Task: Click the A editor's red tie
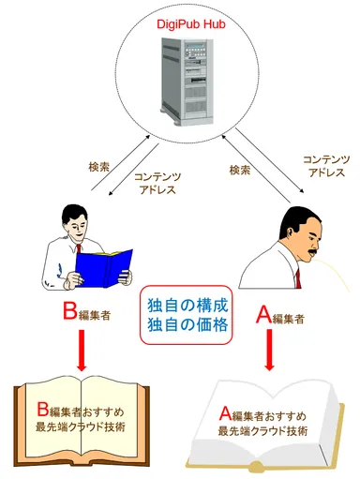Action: coord(298,278)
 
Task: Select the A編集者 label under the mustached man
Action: coord(280,316)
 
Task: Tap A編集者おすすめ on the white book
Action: coord(269,415)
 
